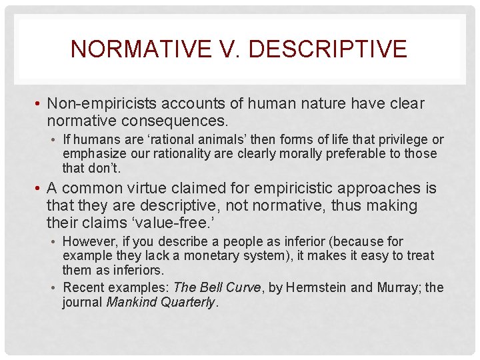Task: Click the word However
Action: click(x=87, y=241)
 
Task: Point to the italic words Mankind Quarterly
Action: click(x=159, y=302)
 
